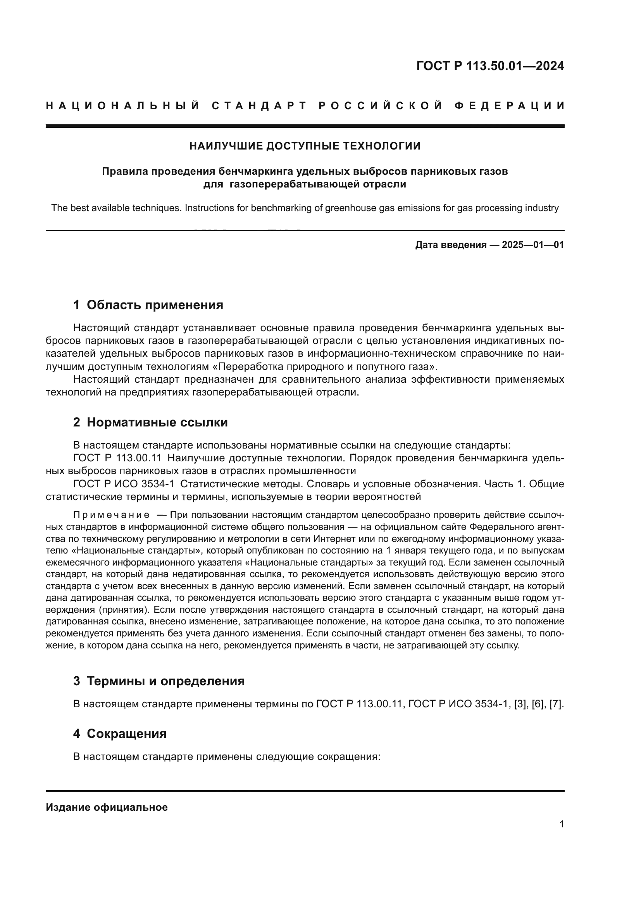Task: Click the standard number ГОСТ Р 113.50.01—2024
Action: coord(490,66)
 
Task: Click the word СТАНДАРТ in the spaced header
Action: coord(259,106)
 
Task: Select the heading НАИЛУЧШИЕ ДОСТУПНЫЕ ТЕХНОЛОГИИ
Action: coord(305,146)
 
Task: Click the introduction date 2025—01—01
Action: coord(532,245)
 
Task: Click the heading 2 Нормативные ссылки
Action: coord(150,422)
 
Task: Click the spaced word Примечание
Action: coord(111,515)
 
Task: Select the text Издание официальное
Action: coord(107,807)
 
